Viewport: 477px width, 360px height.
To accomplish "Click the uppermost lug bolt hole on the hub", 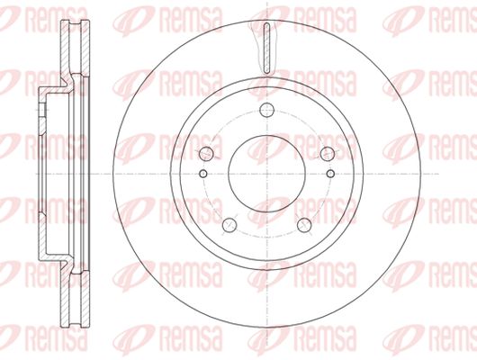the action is [x=267, y=110].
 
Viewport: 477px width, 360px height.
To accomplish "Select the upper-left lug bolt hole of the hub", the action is [x=206, y=153].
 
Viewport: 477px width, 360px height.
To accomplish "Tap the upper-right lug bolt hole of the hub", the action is [x=328, y=153].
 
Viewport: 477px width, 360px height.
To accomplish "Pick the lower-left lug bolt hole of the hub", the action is [x=229, y=225].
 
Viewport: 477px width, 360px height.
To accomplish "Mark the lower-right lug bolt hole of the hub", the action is [x=304, y=225].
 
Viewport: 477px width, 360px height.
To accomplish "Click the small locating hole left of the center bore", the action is [x=203, y=174].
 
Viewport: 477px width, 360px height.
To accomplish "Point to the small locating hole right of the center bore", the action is [x=330, y=174].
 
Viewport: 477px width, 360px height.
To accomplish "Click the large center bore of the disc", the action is [x=266, y=174].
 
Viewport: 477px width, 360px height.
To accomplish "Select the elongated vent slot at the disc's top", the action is [x=266, y=48].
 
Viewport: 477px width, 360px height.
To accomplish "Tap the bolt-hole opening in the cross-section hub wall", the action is [x=42, y=109].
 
